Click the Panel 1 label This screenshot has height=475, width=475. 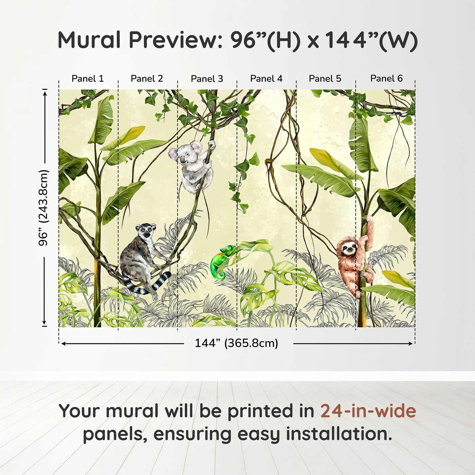[x=88, y=79]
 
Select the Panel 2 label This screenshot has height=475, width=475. [x=147, y=79]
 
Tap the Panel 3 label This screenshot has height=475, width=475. [x=207, y=79]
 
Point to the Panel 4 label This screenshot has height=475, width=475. [x=266, y=79]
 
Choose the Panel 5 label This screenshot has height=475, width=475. [x=325, y=79]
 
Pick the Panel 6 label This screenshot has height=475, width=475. [x=386, y=79]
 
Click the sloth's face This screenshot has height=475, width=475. [x=348, y=249]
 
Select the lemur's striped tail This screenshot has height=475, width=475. [x=149, y=287]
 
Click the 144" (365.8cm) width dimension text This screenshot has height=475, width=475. [x=236, y=343]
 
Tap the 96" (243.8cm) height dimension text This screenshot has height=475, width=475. [x=44, y=208]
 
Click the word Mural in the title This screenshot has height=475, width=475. [x=89, y=40]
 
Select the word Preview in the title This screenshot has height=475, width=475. [x=175, y=40]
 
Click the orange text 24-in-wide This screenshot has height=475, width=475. [x=368, y=411]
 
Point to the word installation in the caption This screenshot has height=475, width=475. [x=339, y=434]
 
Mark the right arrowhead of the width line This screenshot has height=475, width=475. [x=411, y=344]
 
